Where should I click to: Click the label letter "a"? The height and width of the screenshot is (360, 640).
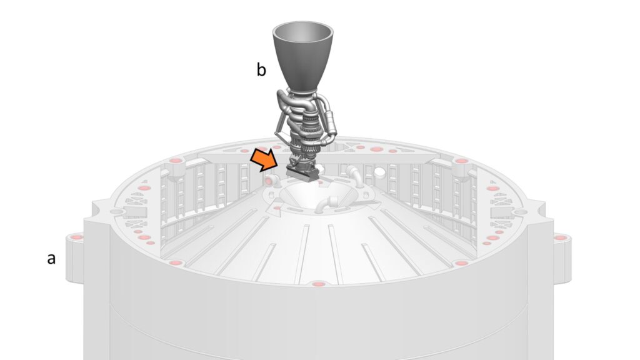[x=51, y=259]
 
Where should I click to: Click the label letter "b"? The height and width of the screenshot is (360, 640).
[x=261, y=69]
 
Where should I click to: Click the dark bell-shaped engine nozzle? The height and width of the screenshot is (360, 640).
[x=303, y=56]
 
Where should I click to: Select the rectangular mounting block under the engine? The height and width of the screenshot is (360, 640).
[x=303, y=174]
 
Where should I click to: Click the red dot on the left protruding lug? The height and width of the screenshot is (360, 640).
[x=76, y=237]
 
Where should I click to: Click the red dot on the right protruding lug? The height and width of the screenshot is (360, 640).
[x=560, y=237]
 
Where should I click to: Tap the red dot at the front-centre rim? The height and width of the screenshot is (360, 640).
[x=317, y=284]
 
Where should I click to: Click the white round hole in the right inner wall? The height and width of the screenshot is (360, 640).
[x=380, y=172]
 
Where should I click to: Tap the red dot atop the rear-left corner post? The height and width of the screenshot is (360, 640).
[x=175, y=161]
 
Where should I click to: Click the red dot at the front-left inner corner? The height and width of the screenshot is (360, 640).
[x=175, y=263]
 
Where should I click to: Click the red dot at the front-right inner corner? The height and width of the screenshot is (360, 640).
[x=462, y=264]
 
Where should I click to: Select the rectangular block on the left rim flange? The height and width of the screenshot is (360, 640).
[x=134, y=212]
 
